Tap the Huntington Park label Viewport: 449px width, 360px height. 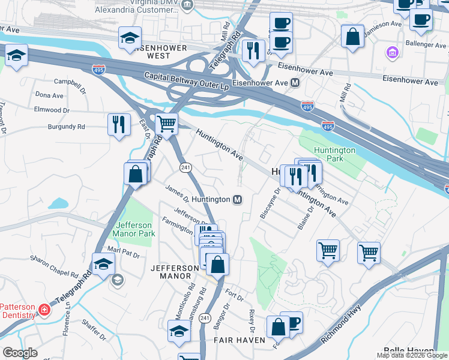[x=334, y=154]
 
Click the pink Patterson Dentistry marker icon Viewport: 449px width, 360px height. [x=43, y=310]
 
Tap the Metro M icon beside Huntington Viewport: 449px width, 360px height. [x=238, y=199]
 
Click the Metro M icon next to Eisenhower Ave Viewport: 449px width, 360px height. [x=295, y=82]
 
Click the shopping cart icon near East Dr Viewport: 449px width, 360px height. [x=167, y=124]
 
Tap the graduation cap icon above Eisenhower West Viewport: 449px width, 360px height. [x=130, y=38]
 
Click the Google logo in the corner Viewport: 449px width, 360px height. [x=20, y=352]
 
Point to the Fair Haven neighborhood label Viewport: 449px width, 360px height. [x=240, y=340]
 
